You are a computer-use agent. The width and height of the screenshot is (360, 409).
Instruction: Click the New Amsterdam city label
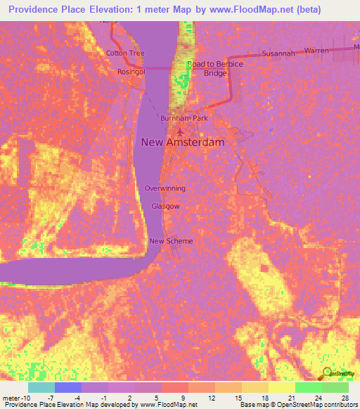coord(183,142)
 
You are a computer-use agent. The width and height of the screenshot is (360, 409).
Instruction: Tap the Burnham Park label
coord(184,118)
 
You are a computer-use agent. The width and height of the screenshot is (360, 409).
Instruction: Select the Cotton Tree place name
coord(125,53)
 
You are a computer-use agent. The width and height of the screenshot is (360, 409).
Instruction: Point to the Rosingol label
coord(131,71)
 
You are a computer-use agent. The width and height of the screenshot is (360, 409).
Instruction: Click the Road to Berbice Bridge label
coord(215,68)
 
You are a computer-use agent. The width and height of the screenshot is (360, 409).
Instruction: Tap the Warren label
coord(317,51)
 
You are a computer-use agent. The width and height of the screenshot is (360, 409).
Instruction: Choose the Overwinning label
coord(165,188)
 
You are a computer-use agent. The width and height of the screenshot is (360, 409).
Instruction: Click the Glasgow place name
coord(166,207)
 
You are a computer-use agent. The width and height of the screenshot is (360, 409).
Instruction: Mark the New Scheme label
coord(171,241)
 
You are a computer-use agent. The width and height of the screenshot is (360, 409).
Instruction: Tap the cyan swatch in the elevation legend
coord(41,387)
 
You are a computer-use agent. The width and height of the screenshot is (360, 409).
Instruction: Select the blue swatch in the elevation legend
coord(68,387)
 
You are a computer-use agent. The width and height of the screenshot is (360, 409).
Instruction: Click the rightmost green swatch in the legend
coord(335,387)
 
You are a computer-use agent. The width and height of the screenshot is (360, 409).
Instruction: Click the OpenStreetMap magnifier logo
coord(328,373)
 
